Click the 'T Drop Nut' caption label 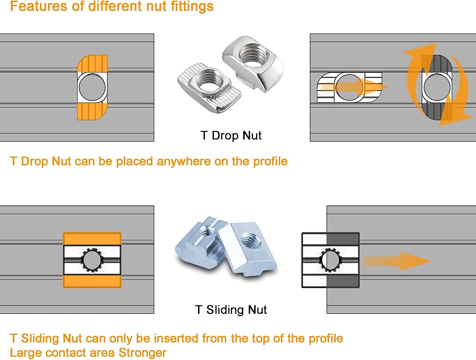[231, 136]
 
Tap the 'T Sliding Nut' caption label [231, 310]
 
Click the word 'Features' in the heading [39, 6]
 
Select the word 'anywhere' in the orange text [184, 161]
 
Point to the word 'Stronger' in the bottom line [142, 353]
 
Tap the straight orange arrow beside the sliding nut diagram [397, 261]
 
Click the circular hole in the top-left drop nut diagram [92, 87]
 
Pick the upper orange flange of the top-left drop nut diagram [92, 63]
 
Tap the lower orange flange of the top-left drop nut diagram [92, 111]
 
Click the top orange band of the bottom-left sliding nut [92, 239]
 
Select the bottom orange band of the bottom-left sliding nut [92, 281]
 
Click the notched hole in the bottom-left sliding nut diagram [92, 260]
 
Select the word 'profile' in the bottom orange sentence [326, 339]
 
